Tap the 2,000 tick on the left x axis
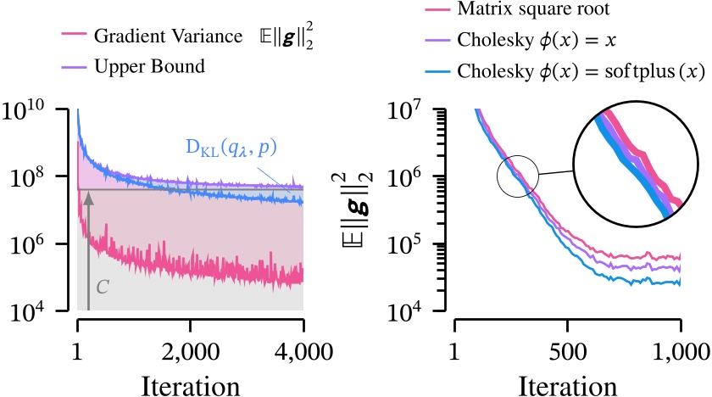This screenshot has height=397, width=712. click(190, 350)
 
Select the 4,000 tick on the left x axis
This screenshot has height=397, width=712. click(302, 350)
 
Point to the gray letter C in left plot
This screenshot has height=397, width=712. click(102, 286)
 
